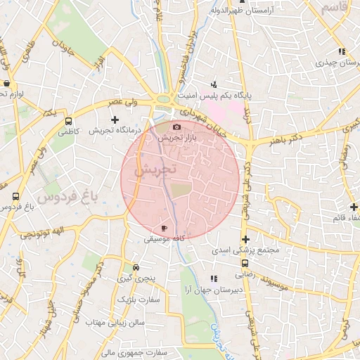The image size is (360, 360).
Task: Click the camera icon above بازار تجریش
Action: click(x=176, y=127)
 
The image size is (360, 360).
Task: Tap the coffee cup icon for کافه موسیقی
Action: click(x=164, y=229)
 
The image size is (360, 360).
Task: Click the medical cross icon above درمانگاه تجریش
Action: click(x=115, y=120)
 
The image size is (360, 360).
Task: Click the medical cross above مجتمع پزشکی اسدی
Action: click(x=245, y=239)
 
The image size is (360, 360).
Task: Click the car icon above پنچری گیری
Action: click(x=136, y=268)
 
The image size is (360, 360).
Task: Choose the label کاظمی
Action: click(x=70, y=131)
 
